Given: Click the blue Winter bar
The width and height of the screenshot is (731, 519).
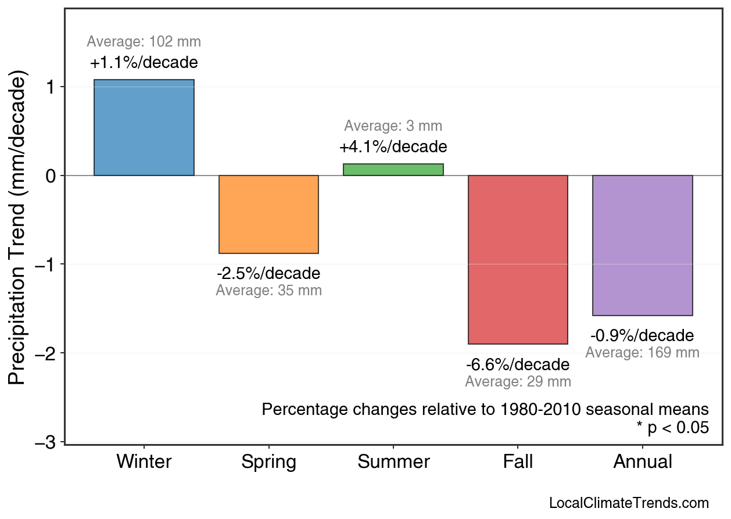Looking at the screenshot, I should (x=144, y=127).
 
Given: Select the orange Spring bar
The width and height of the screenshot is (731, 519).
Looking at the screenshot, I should (x=268, y=214).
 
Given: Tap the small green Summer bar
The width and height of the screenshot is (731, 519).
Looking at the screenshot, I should (x=393, y=170).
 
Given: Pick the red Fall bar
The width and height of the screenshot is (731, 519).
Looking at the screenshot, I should (x=518, y=260).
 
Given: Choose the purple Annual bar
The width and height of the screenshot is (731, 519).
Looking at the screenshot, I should (x=642, y=245).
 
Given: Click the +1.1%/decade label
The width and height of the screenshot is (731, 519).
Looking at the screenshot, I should (x=144, y=63).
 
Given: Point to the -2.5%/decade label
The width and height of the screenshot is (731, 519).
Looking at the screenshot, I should (x=268, y=273).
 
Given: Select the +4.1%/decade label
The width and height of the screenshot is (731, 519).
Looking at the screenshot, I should (x=393, y=146).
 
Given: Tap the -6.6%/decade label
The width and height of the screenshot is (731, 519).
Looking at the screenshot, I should (x=518, y=365).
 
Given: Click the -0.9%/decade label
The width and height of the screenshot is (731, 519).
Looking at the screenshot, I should (x=642, y=336).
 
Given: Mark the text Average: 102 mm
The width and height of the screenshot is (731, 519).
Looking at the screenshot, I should (x=144, y=42).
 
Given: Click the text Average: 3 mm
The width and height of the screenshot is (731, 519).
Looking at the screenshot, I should (x=393, y=126).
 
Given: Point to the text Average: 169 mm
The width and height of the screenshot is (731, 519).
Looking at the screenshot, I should (x=642, y=353).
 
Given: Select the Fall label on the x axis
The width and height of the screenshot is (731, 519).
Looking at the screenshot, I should (x=518, y=462).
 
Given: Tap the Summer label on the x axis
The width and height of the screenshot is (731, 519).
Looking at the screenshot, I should (x=393, y=462).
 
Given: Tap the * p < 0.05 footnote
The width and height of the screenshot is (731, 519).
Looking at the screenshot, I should (x=672, y=428).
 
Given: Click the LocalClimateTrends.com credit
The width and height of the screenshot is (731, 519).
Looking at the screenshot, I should (x=629, y=503).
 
